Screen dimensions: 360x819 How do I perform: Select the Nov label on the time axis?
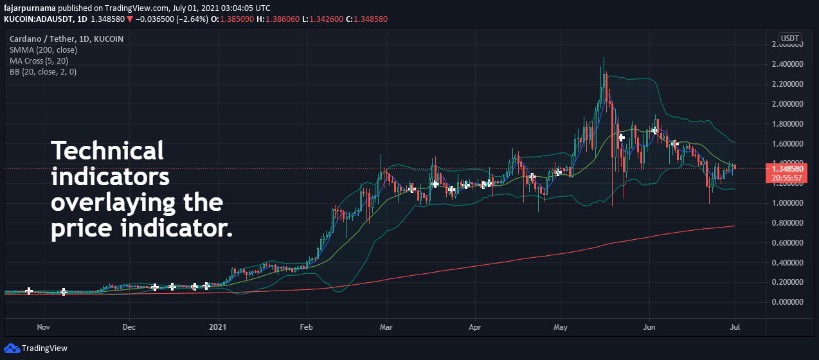point(44,327)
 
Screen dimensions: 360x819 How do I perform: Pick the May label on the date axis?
point(560,327)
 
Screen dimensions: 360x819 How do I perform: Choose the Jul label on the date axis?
point(735,327)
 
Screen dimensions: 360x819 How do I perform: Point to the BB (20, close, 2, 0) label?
point(43,71)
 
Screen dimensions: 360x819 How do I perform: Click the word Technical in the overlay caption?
point(107,151)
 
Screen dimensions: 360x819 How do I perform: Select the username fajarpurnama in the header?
point(33,8)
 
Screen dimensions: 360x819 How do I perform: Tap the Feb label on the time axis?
point(306,327)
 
